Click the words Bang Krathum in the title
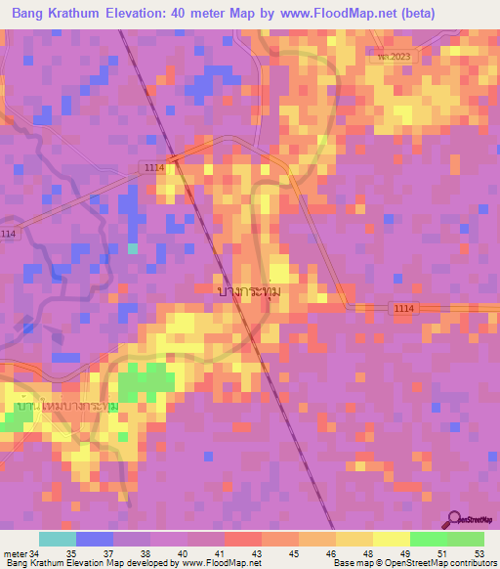[x=56, y=13]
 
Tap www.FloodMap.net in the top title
[x=317, y=13]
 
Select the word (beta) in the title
[x=410, y=13]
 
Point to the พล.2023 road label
[x=396, y=57]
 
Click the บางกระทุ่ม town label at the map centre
[x=254, y=291]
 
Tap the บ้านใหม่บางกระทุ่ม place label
[x=66, y=405]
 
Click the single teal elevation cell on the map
[x=133, y=248]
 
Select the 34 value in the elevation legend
[x=34, y=552]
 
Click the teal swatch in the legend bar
[x=57, y=539]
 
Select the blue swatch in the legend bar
[x=94, y=539]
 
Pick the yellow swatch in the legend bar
[x=390, y=539]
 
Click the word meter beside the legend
[x=15, y=552]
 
